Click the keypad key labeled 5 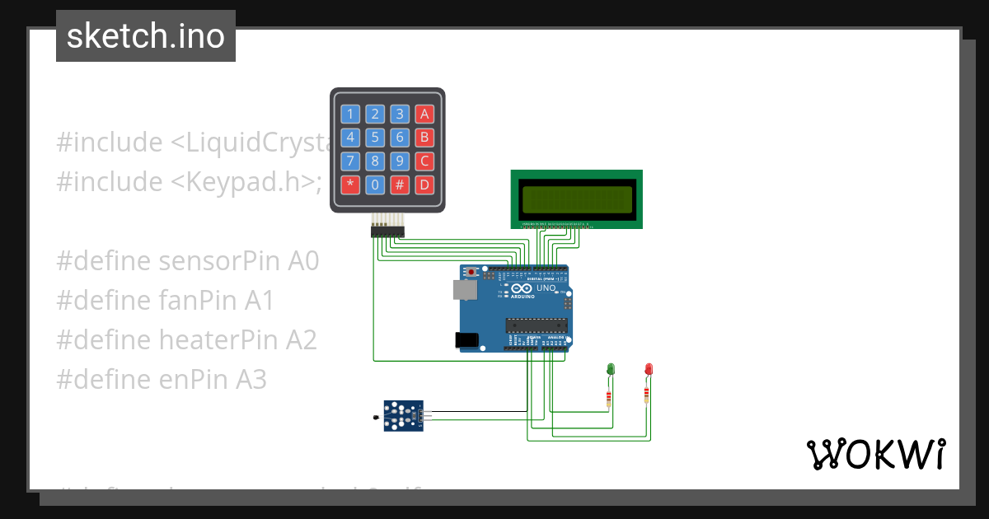coord(375,138)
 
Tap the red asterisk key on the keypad coord(351,185)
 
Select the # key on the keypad coord(400,185)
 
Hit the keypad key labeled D coord(424,185)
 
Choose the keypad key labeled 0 coord(375,185)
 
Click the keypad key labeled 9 coord(400,161)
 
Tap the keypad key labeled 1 coord(351,114)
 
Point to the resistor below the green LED coord(608,400)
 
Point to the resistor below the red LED coord(646,396)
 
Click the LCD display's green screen coord(577,199)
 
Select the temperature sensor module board coord(403,416)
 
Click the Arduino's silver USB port coord(463,289)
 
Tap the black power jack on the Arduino coord(466,339)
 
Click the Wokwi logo coord(875,454)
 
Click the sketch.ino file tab coord(146,36)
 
